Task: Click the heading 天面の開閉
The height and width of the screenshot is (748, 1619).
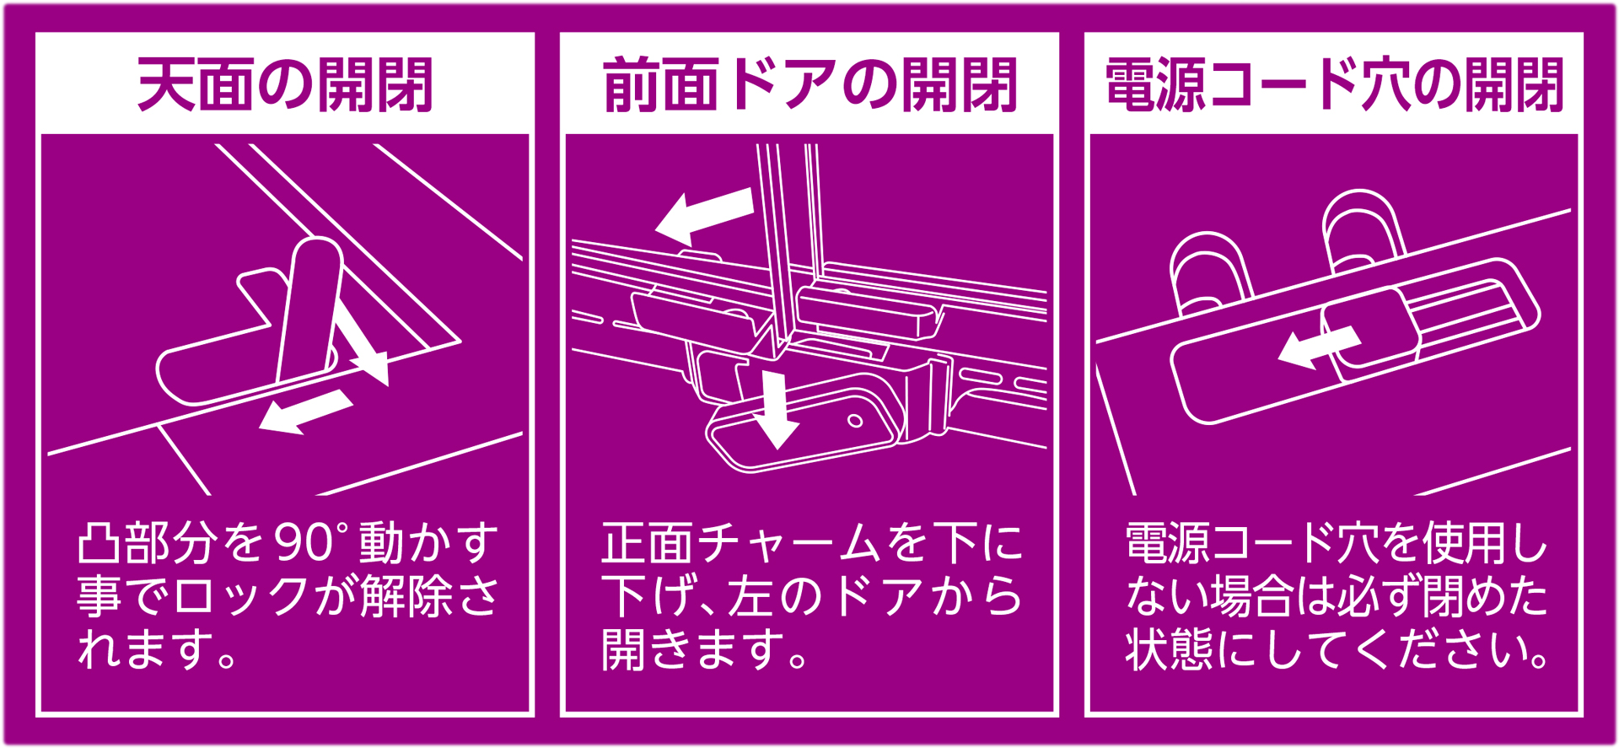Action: (285, 85)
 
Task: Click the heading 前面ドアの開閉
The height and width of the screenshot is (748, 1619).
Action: (809, 85)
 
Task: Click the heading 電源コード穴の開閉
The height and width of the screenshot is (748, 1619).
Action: (1334, 85)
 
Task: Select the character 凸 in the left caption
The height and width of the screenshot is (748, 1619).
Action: (99, 543)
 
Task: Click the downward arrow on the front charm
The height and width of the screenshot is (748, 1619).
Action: (775, 410)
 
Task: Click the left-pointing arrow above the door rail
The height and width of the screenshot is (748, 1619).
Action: (703, 215)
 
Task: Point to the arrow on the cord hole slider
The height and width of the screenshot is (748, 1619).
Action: (1318, 347)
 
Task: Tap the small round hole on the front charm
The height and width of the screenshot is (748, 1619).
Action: (855, 421)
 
